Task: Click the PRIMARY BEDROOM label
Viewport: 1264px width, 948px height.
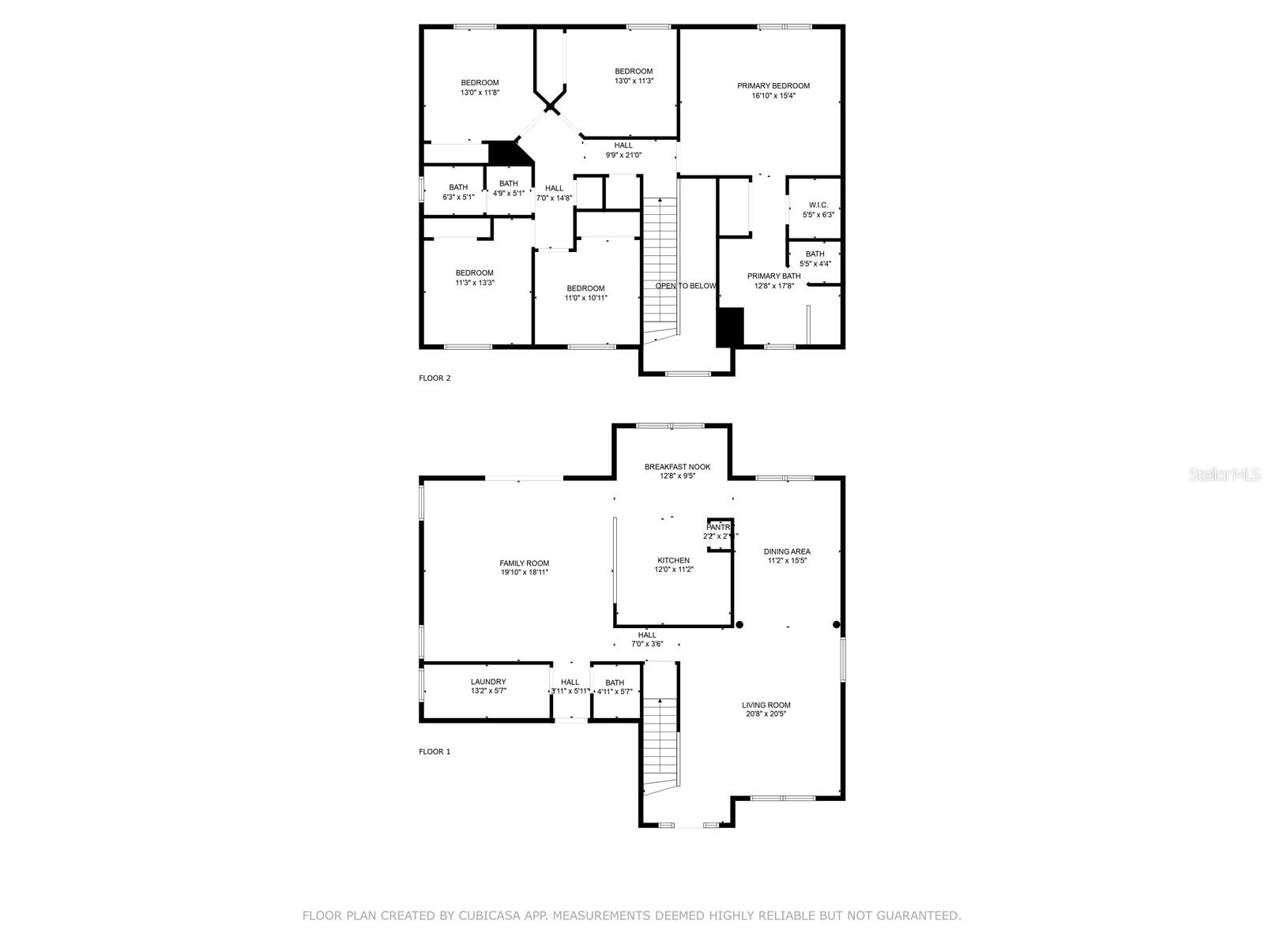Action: pos(773,85)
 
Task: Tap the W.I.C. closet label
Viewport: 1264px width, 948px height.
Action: pos(818,205)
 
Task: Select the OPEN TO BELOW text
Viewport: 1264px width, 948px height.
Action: pos(686,286)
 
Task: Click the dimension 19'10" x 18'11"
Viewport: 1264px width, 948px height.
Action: pos(524,573)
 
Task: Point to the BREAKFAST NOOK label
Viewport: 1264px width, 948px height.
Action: pos(677,467)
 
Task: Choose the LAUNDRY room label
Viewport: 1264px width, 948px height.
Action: pos(488,682)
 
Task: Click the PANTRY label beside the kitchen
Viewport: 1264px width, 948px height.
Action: pos(719,527)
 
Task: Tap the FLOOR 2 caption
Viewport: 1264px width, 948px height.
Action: pos(434,378)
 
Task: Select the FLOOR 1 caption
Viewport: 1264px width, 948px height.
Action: pos(434,751)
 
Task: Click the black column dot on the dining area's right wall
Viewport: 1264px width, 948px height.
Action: pos(837,625)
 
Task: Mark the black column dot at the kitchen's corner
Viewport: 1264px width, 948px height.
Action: pos(739,625)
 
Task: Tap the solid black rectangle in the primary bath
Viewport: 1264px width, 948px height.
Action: pos(730,327)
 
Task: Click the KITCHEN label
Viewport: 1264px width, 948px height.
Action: pos(673,560)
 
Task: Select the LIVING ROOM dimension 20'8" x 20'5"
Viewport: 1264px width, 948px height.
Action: pos(766,714)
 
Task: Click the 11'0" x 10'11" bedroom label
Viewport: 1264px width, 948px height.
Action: pos(585,298)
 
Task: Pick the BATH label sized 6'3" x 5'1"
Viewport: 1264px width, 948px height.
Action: pos(458,187)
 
